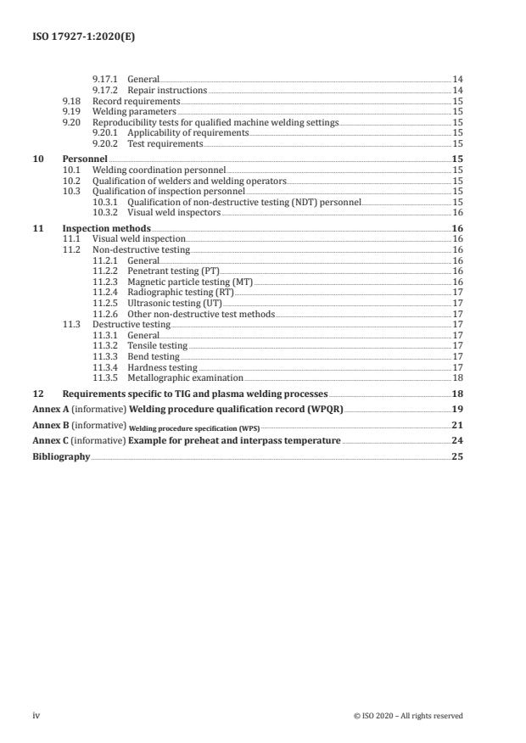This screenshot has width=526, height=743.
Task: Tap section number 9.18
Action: tap(71, 100)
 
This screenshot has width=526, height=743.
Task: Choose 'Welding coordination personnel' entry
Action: tap(159, 170)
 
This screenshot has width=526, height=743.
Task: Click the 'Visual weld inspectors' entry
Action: tap(173, 212)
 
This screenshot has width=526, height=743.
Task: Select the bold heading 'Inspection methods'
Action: tap(107, 229)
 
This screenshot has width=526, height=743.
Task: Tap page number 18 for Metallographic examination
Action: tap(457, 377)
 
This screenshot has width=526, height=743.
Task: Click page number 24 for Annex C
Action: tap(456, 442)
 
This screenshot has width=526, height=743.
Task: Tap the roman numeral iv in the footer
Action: tap(36, 715)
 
